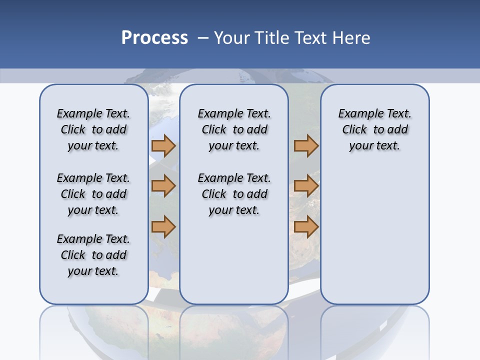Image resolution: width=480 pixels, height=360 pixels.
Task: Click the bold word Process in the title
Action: tap(154, 38)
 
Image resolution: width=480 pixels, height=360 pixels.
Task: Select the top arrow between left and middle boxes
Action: tap(163, 145)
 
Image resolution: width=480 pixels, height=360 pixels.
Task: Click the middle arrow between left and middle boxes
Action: tap(163, 186)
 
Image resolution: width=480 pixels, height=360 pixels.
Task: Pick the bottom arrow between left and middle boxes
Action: tap(163, 226)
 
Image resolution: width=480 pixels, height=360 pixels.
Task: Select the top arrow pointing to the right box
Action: tap(306, 145)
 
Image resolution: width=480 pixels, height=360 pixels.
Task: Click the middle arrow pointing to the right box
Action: tap(306, 186)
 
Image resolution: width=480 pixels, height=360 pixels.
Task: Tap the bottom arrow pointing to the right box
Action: tap(306, 226)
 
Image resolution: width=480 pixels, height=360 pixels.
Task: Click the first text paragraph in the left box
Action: tap(93, 129)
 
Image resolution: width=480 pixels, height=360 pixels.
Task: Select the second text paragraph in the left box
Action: tap(93, 194)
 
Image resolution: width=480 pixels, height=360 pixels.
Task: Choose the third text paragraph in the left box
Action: tap(93, 255)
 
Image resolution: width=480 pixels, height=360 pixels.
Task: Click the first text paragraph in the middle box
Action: tap(234, 129)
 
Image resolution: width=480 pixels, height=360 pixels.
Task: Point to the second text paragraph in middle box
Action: tap(234, 194)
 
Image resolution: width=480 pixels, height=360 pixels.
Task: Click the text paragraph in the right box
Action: tap(375, 129)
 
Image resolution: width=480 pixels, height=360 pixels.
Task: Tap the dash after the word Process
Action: tap(203, 38)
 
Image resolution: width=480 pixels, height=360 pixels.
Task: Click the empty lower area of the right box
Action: tap(375, 235)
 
